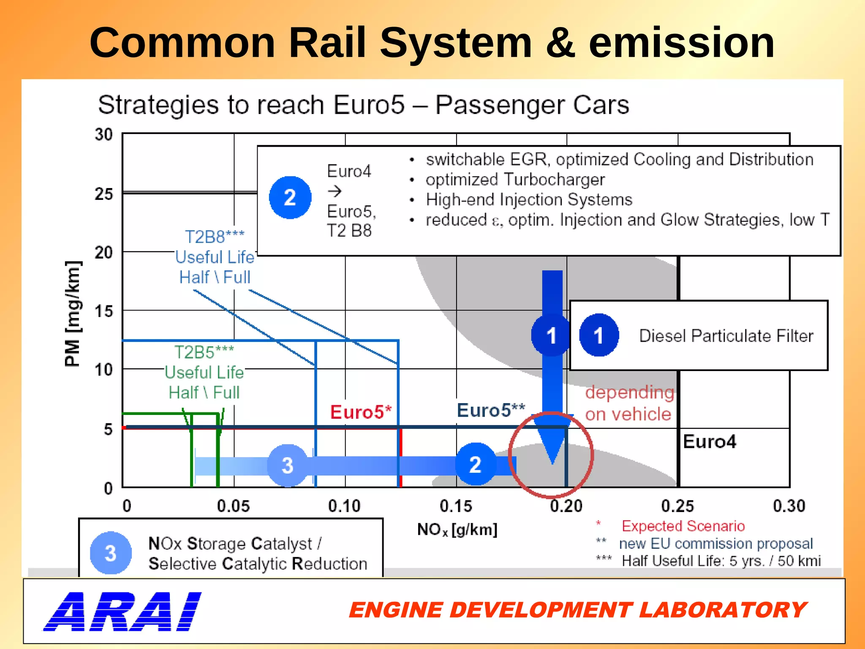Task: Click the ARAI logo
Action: pos(122,611)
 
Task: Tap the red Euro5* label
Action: pos(361,412)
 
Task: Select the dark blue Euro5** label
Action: pos(490,410)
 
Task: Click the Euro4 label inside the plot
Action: pos(709,442)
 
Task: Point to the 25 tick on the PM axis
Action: pos(104,194)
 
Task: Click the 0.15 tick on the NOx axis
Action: pos(456,506)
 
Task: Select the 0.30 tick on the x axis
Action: pos(789,506)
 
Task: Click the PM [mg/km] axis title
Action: pos(72,314)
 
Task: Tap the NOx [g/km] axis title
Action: pos(457,529)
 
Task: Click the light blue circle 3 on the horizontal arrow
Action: pos(288,465)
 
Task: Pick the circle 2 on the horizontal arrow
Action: pos(475,464)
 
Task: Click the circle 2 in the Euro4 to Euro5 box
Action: pos(290,197)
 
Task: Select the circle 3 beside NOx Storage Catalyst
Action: pos(111,553)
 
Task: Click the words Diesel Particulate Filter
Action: pos(726,336)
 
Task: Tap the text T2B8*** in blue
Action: pos(215,237)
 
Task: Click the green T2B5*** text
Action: pos(204,352)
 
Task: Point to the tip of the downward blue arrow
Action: pos(552,464)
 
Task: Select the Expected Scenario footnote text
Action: pos(683,526)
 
